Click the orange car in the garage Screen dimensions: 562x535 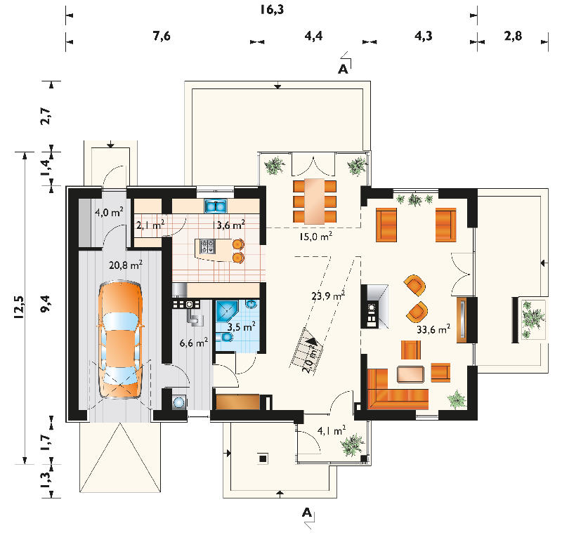(x=120, y=340)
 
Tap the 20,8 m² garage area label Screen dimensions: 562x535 (x=126, y=265)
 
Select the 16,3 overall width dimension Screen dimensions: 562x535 (x=272, y=9)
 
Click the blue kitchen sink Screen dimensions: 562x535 (x=216, y=206)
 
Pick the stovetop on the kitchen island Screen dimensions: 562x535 (x=207, y=246)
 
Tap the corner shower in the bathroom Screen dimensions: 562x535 (x=226, y=312)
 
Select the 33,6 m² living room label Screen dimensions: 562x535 (x=433, y=329)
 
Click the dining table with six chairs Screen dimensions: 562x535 (x=315, y=201)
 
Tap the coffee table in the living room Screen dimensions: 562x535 (x=410, y=374)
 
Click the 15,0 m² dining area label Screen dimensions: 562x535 (x=315, y=237)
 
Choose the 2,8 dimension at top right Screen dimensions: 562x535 (x=513, y=36)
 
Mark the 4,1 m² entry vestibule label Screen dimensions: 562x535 (x=332, y=431)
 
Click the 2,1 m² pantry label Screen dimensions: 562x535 (x=150, y=225)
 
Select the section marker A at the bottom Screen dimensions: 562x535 (x=307, y=513)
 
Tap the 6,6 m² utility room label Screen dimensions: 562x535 (x=194, y=343)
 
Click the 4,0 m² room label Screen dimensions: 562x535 (x=109, y=212)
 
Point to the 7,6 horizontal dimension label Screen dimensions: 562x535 (x=162, y=36)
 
